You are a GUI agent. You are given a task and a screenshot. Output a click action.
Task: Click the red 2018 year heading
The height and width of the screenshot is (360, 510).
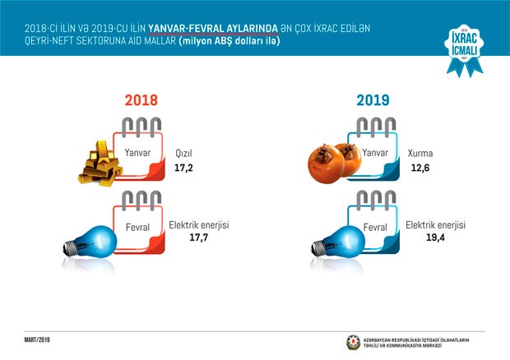point(140,101)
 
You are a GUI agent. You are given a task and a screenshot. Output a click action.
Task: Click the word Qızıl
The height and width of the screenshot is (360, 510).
point(183,153)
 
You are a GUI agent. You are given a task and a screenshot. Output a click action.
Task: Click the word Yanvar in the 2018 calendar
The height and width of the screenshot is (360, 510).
point(138,151)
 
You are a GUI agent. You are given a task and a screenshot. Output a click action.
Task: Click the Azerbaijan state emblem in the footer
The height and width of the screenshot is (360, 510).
point(354,341)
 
